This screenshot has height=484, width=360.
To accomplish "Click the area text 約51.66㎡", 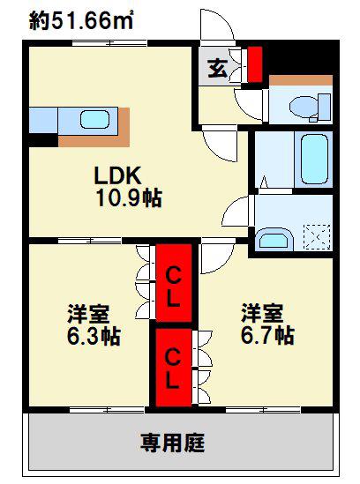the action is (x=81, y=21).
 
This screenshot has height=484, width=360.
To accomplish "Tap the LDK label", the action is (x=117, y=175).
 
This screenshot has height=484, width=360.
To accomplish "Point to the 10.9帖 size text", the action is (x=129, y=197).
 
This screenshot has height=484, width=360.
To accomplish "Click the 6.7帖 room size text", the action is (x=267, y=335).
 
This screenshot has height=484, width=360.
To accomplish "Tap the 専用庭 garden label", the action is (x=173, y=443).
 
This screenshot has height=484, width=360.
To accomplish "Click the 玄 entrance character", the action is (x=218, y=68).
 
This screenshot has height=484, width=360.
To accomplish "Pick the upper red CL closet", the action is (x=174, y=283).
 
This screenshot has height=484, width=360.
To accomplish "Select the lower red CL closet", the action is (x=173, y=368).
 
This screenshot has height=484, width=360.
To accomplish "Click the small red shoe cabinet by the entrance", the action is (x=255, y=64).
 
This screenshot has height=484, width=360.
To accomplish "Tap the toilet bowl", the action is (x=304, y=107).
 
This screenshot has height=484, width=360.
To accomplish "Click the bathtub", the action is (x=314, y=159).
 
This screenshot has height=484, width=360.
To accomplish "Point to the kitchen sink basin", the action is (x=95, y=119).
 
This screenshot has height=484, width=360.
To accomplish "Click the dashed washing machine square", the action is (x=317, y=237).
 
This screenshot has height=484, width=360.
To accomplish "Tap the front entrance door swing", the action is (x=217, y=25).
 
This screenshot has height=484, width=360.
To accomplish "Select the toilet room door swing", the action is (x=249, y=104).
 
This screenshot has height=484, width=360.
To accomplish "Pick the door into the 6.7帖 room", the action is (x=217, y=257).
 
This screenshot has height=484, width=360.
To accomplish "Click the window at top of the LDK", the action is (x=109, y=43).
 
